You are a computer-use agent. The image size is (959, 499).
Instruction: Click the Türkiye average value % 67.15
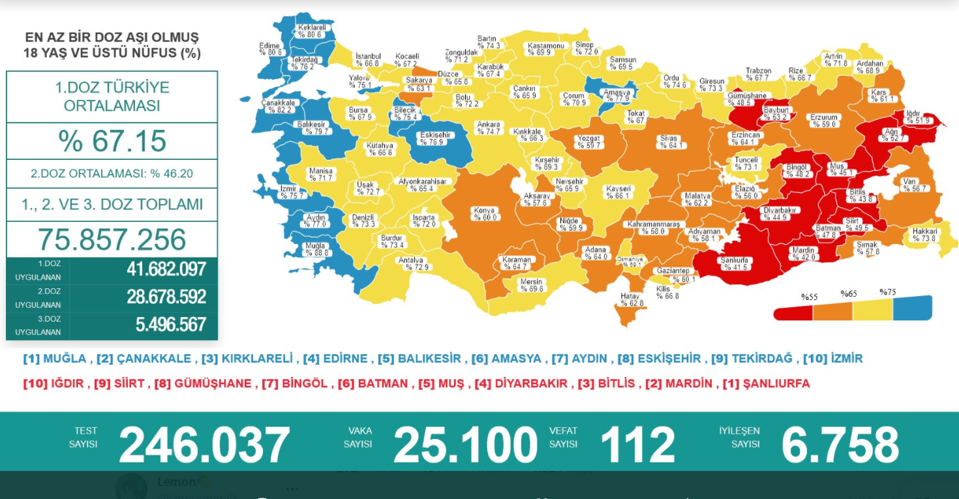click(112, 141)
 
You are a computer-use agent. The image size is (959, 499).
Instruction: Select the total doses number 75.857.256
click(112, 240)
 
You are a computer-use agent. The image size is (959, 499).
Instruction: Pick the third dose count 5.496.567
click(171, 324)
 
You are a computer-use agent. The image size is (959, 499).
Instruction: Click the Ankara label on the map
click(489, 128)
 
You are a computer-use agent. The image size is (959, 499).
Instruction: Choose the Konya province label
click(485, 214)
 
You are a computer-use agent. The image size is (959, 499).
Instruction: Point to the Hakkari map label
click(925, 235)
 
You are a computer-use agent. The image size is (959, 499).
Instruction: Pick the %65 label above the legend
click(849, 294)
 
